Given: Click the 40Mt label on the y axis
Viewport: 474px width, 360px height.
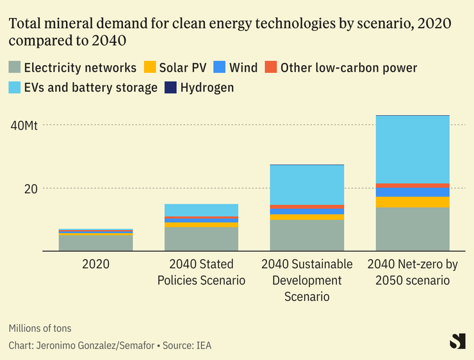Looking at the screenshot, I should (24, 125).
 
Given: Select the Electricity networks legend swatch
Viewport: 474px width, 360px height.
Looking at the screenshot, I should (13, 67).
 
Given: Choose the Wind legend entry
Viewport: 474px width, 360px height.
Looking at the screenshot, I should (236, 67).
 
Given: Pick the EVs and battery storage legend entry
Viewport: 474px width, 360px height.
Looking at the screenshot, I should (83, 87).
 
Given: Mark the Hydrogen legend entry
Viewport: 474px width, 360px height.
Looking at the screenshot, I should (200, 87).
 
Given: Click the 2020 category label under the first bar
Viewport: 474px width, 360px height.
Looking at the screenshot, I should (95, 264).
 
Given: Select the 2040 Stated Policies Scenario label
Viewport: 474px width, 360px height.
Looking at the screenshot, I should (202, 272).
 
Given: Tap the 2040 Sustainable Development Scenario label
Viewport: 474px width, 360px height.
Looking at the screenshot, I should (307, 280).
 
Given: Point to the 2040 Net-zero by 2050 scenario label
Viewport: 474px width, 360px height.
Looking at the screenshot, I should (413, 272).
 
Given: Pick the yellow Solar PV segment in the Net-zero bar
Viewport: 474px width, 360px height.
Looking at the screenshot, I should (413, 202).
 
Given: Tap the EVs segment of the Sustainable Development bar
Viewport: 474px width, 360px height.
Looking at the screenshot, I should (307, 184).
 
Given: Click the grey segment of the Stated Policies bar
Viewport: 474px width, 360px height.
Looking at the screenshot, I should (202, 239).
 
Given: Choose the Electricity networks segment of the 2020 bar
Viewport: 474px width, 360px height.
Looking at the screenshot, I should (95, 243).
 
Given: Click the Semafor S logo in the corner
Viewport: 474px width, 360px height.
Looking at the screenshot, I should (457, 341).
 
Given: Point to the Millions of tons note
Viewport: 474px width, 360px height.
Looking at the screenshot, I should (40, 329).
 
